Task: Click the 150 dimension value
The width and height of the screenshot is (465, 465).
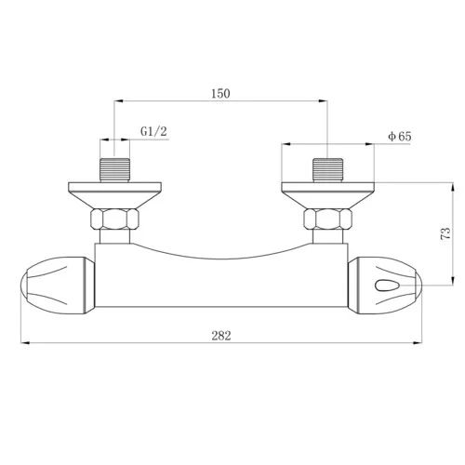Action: [220, 93]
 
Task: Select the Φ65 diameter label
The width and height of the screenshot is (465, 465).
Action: [400, 136]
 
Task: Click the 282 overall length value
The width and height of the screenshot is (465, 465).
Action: [220, 336]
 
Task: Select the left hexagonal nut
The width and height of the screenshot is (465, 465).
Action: [115, 220]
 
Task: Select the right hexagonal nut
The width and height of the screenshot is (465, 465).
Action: [327, 220]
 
